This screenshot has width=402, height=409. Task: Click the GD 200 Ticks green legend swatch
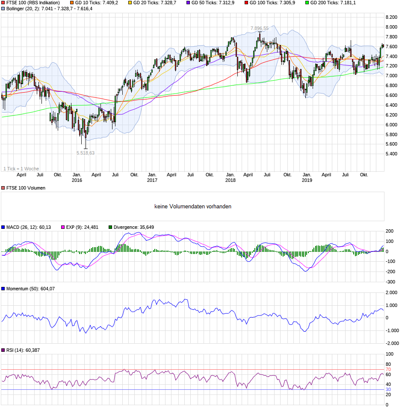(307, 3)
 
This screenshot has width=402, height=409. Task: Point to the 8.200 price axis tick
(391, 17)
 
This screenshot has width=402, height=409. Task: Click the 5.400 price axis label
(391, 154)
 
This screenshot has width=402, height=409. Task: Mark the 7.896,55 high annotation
(260, 29)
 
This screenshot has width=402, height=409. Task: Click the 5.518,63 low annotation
(86, 153)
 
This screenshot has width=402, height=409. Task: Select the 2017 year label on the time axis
(152, 180)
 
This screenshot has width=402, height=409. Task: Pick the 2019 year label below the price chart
(307, 180)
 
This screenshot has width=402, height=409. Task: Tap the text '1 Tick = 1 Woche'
(21, 169)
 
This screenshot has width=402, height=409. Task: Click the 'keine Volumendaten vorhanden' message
(193, 207)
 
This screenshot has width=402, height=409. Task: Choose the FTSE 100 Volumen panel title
(25, 188)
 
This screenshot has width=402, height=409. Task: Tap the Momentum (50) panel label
(30, 289)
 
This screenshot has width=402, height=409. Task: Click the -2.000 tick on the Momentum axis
(391, 343)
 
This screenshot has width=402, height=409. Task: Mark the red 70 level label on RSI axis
(388, 369)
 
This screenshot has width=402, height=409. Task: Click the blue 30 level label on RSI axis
(388, 389)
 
